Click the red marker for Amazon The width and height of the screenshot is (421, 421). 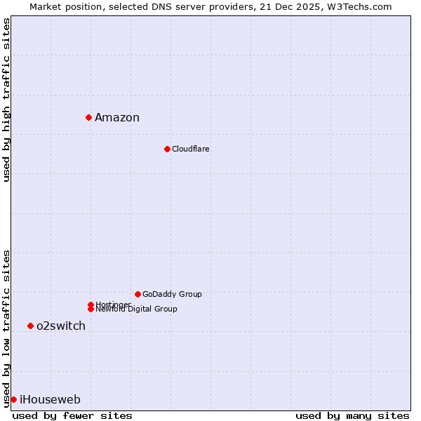[89, 117]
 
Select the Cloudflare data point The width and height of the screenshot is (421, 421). [167, 149]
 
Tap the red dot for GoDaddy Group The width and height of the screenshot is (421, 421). [138, 294]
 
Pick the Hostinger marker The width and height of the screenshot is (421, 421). [91, 305]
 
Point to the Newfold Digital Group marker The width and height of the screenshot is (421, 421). [91, 309]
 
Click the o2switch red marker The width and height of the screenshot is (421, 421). [30, 326]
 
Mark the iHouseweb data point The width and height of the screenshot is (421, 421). [13, 399]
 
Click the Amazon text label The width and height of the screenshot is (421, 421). [117, 117]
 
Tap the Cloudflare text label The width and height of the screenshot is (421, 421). [191, 149]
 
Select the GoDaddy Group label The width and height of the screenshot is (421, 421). [172, 294]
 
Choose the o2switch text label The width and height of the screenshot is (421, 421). [61, 326]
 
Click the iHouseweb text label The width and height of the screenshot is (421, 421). [50, 399]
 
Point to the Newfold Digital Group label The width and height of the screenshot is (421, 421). [136, 309]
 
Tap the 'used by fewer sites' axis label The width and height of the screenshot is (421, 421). [72, 415]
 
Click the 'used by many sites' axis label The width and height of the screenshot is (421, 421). [352, 415]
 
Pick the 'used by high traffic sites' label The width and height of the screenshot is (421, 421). [6, 100]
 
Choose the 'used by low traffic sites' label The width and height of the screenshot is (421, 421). [6, 328]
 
